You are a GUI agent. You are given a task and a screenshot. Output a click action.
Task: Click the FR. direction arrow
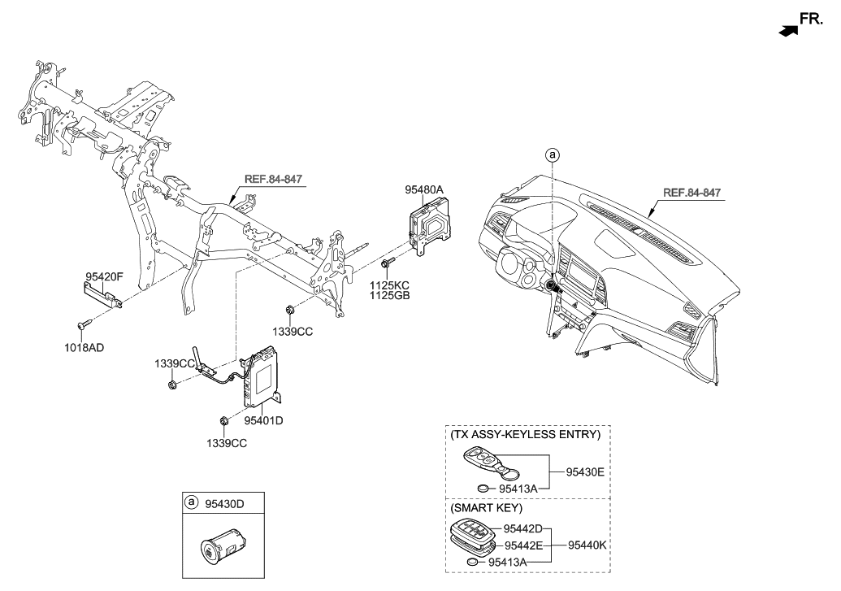point(787,30)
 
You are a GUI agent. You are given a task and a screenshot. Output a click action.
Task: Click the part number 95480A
point(424,189)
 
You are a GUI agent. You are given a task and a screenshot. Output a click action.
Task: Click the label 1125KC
point(390,285)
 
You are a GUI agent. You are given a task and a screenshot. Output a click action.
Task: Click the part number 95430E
point(579,471)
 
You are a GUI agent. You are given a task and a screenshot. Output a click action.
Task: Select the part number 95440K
point(587,545)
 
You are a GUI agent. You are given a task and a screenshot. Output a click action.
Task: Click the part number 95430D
point(223,503)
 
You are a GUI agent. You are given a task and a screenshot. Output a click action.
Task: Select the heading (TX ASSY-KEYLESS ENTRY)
point(525,435)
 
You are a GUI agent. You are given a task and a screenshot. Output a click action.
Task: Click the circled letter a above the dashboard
point(553,154)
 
